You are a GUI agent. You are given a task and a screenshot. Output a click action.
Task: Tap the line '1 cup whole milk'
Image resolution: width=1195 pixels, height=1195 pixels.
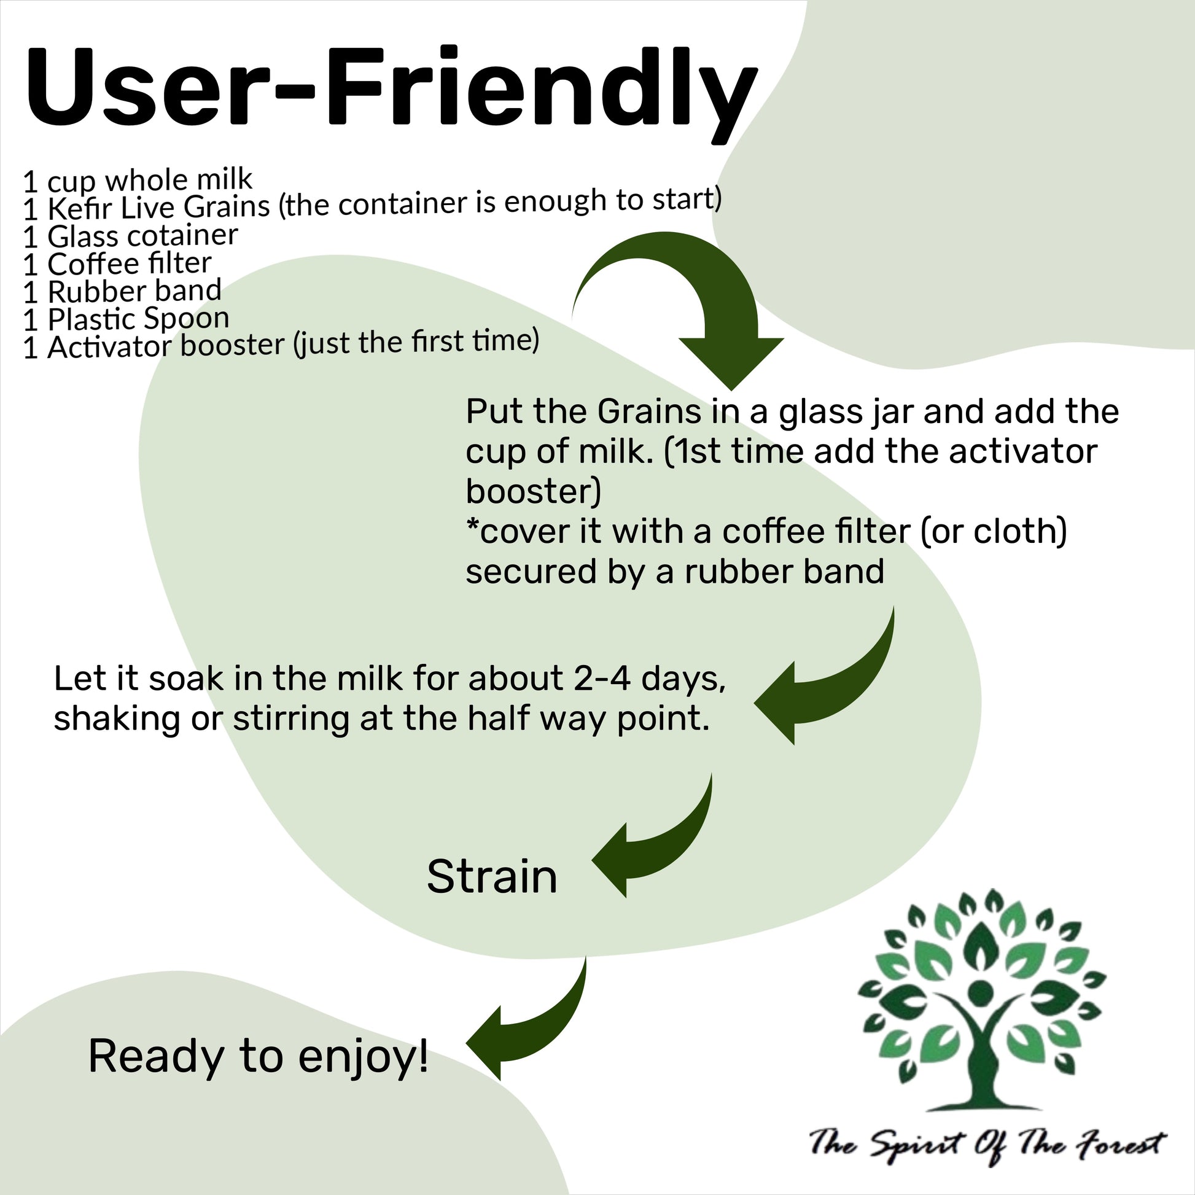[x=138, y=180]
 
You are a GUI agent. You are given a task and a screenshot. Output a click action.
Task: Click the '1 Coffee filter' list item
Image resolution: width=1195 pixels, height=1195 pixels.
[x=117, y=264]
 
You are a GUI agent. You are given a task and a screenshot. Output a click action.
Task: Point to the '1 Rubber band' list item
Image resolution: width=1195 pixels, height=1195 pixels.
[x=122, y=291]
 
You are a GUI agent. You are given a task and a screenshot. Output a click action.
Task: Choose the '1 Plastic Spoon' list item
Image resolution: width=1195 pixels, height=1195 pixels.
[x=126, y=319]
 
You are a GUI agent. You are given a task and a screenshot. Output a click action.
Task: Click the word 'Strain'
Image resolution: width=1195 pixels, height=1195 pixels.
[x=492, y=876]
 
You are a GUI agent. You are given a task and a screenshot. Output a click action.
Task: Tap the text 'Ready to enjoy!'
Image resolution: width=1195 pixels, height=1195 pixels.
[x=258, y=1056]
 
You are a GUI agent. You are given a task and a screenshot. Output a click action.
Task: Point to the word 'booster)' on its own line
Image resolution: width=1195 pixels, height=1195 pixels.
[x=532, y=492]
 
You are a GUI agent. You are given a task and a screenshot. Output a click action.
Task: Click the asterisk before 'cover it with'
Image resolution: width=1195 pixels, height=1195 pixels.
[x=472, y=527]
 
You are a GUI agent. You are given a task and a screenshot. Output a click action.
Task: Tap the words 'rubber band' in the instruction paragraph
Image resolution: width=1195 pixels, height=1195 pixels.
[x=784, y=571]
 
